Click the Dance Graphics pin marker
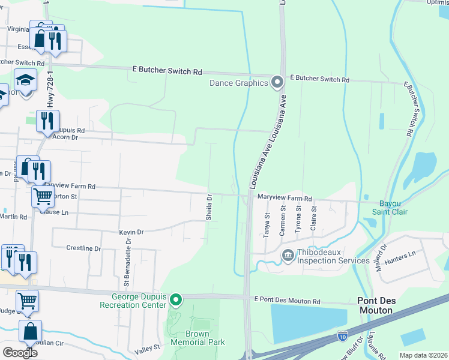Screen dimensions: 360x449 tap(277, 81)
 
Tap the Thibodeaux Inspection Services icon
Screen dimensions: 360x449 tap(288, 256)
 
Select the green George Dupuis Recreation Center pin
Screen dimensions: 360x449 tap(175, 299)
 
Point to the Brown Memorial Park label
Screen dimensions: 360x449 tap(197, 338)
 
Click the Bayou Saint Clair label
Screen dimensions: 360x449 tap(390, 207)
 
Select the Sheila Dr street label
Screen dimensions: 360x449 tap(209, 207)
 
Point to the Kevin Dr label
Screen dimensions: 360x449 tap(131, 232)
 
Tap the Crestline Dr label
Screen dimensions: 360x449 tap(83, 248)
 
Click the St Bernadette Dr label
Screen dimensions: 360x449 tap(127, 261)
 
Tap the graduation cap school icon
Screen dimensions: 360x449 tap(25, 80)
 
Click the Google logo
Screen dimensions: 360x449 tap(20, 352)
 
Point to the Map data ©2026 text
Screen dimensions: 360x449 tap(423, 355)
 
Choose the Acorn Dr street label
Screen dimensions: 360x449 tap(66, 137)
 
